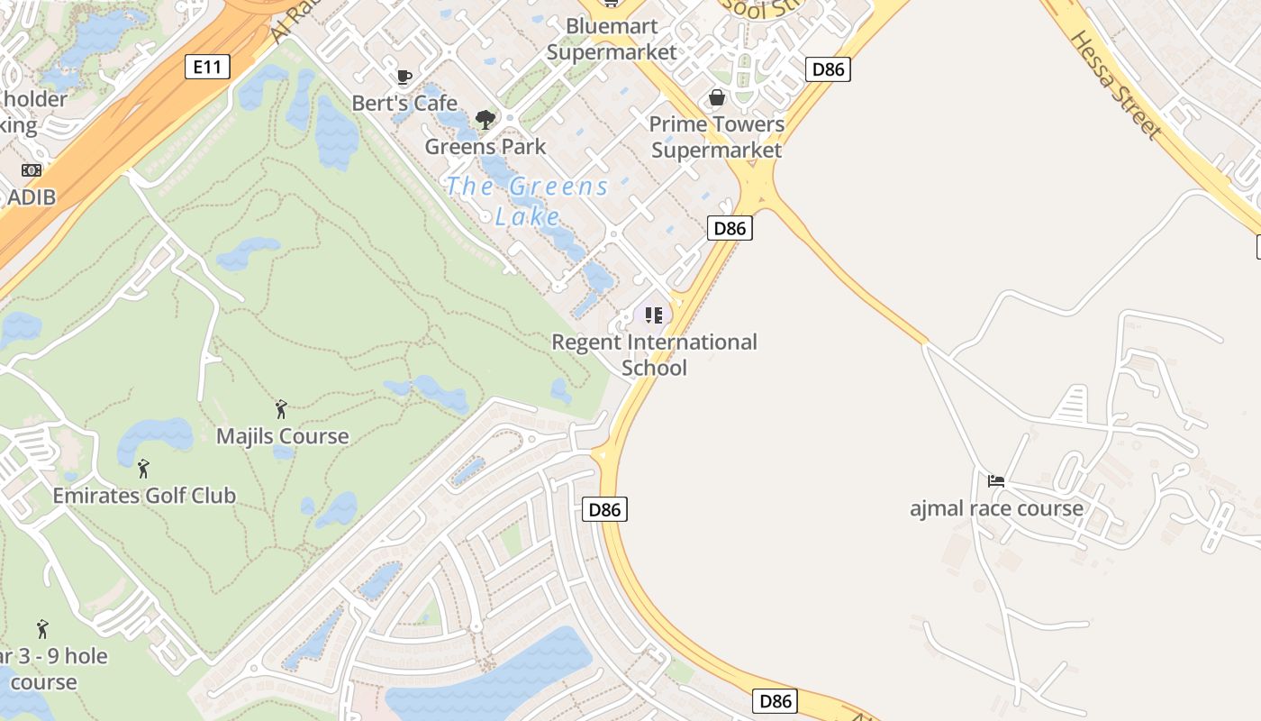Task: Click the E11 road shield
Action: point(208,66)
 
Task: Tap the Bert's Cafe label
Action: point(404,103)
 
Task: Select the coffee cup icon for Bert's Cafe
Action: point(404,77)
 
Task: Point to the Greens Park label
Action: point(485,146)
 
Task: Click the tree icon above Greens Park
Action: point(485,119)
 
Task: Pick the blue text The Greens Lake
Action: point(528,201)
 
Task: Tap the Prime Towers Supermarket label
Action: point(717,137)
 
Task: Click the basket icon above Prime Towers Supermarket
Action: point(717,97)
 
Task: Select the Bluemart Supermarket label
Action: point(612,40)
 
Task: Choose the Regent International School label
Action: point(654,354)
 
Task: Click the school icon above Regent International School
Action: point(654,315)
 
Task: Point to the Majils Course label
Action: point(282,436)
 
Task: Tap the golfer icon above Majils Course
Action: point(281,409)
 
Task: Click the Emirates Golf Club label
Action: point(144,495)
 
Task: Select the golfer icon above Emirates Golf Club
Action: point(143,469)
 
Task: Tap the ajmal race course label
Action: point(996,508)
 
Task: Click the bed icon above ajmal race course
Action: point(996,481)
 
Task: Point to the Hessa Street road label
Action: point(1115,85)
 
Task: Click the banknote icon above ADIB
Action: point(32,170)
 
